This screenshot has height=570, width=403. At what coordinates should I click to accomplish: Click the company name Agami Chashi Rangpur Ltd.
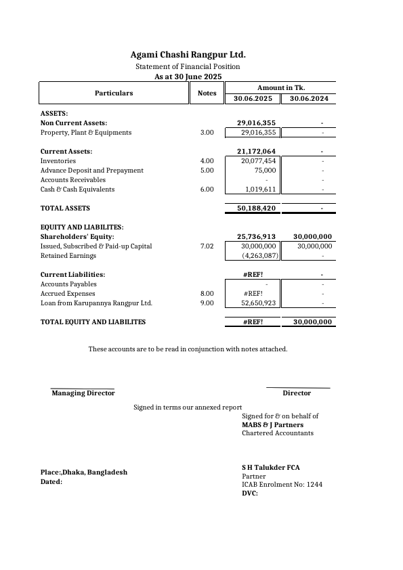(188, 54)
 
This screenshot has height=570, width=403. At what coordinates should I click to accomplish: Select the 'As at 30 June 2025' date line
(188, 77)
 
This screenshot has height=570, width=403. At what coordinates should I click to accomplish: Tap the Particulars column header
(114, 93)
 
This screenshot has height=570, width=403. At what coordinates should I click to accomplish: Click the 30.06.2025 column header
(253, 99)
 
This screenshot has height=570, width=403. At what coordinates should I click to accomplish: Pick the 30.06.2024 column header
(309, 99)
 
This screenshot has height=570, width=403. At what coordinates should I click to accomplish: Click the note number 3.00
(207, 133)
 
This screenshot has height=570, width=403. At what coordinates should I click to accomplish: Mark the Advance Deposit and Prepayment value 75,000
(265, 171)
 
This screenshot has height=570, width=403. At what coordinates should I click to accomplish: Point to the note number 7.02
(207, 246)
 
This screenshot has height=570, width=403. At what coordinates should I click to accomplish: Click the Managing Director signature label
(83, 393)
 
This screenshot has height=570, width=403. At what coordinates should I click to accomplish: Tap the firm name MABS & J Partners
(273, 424)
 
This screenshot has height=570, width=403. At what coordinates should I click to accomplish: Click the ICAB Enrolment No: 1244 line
(282, 485)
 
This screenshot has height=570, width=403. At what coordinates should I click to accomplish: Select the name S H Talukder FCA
(271, 468)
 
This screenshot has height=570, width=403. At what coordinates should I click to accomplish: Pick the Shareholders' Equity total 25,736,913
(255, 237)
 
